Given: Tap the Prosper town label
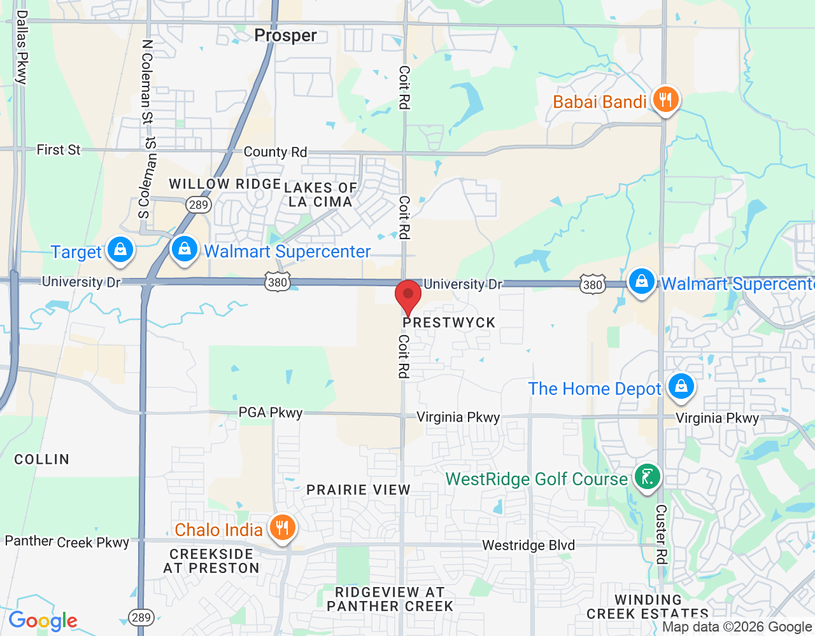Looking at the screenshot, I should (285, 36).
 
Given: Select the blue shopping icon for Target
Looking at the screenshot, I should (120, 250).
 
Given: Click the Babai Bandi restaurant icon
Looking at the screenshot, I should (665, 100).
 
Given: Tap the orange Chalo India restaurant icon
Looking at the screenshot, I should (281, 528).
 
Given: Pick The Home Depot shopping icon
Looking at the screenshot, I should (681, 387).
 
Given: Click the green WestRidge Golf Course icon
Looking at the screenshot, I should (648, 477).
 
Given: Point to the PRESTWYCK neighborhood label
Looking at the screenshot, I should (449, 322).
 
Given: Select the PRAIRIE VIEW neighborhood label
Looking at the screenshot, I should (358, 490).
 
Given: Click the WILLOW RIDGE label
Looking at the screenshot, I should (225, 184).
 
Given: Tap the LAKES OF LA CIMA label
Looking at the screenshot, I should (320, 195).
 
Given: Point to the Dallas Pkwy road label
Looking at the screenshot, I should (22, 48).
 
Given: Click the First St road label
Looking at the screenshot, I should (59, 150).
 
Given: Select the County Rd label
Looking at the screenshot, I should (275, 152).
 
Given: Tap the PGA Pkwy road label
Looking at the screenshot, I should (271, 413).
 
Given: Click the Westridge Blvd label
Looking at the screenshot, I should (528, 545).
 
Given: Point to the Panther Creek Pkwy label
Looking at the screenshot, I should (67, 542).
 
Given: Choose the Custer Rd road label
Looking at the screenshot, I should (662, 534).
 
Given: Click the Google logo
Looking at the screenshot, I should (43, 621).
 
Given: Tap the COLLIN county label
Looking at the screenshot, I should (42, 459).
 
